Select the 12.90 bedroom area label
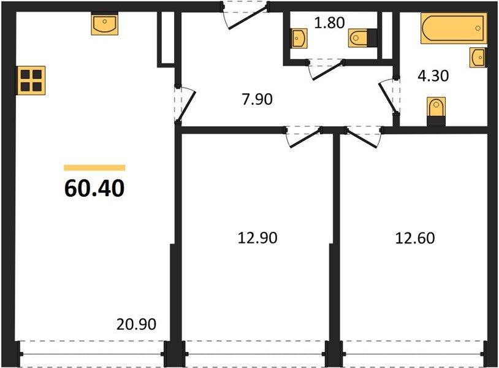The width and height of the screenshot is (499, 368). click(257, 237)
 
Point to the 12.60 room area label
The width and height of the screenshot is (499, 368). click(415, 237)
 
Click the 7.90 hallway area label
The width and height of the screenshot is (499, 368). click(257, 98)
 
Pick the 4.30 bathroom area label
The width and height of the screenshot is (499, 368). click(433, 76)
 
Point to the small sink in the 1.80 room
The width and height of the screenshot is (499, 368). click(299, 39)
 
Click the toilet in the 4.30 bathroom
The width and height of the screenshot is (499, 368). click(436, 111)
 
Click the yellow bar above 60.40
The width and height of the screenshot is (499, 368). click(94, 167)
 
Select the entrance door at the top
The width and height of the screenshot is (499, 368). click(245, 15)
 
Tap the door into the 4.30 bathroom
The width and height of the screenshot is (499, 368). click(389, 95)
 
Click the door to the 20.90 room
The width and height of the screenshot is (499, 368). click(185, 104)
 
